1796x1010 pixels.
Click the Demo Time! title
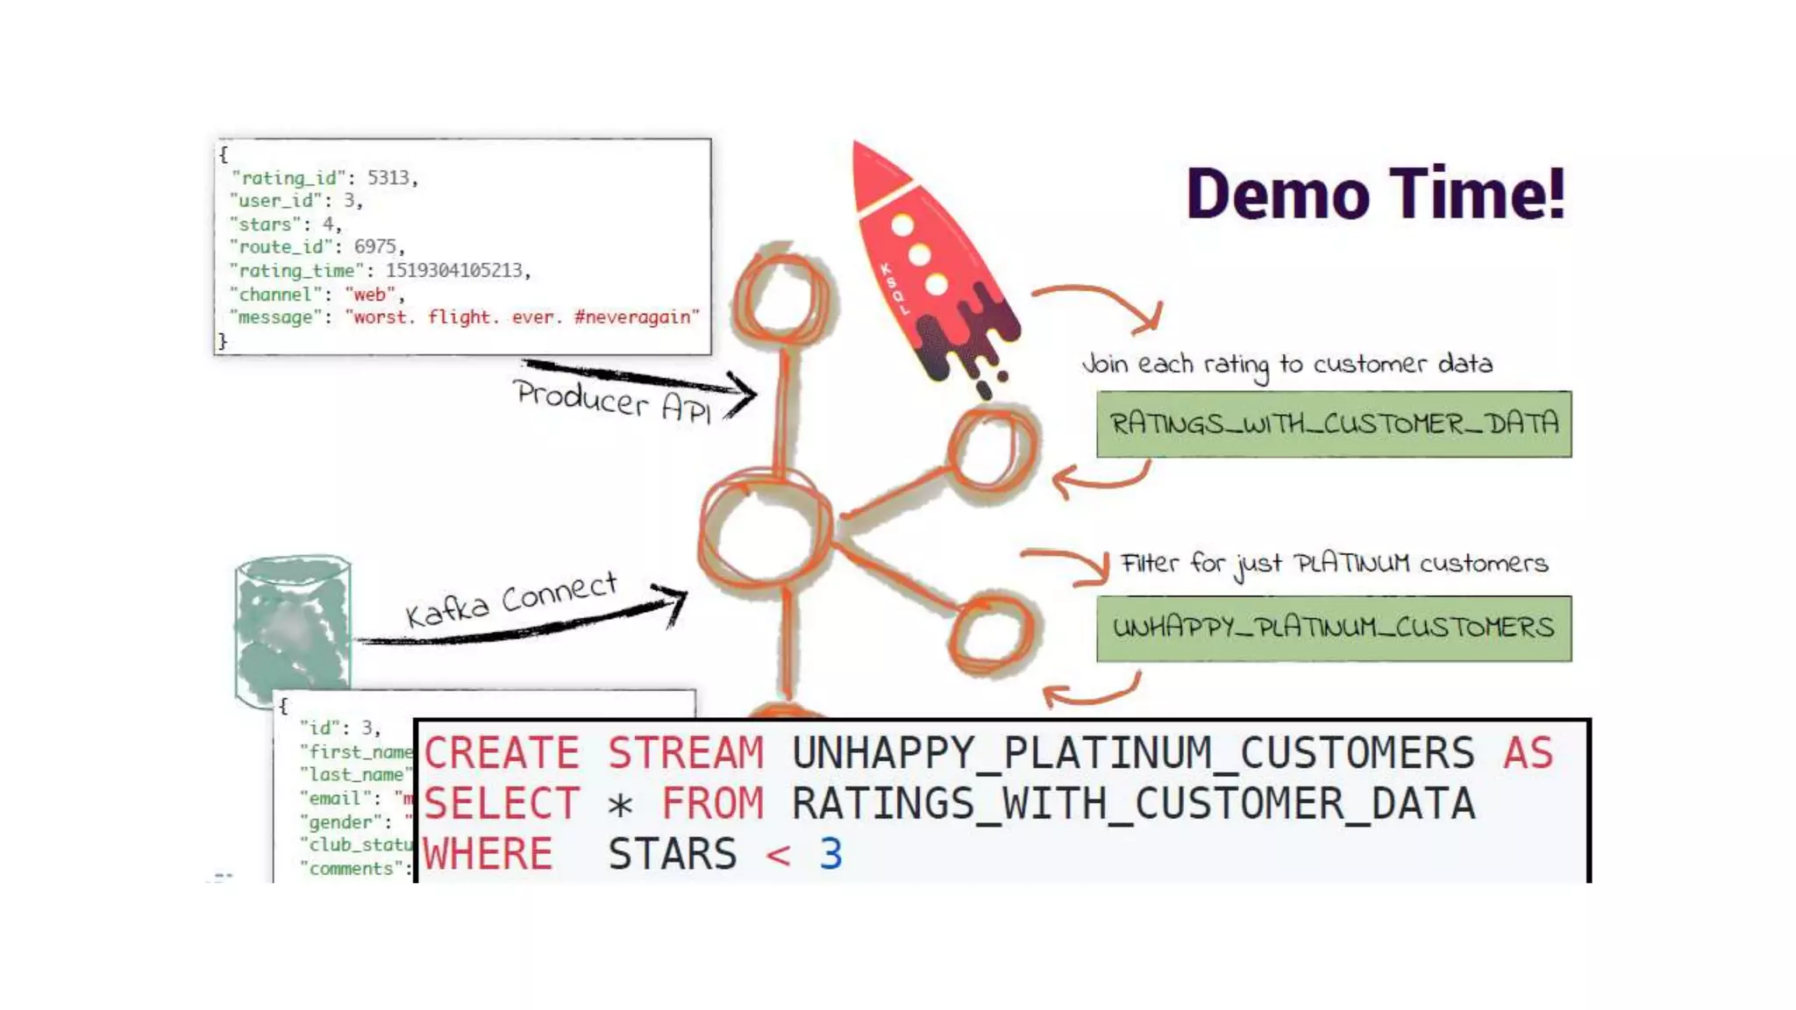click(x=1374, y=194)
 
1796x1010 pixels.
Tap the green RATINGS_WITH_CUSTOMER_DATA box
click(x=1333, y=424)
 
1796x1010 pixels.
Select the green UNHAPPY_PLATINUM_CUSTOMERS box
click(x=1333, y=629)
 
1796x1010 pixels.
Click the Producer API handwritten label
click(x=612, y=401)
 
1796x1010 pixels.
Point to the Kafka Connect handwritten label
click(x=511, y=600)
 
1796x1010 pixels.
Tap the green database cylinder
click(x=292, y=627)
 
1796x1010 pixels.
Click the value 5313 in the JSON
click(x=388, y=178)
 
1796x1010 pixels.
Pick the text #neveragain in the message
click(x=636, y=317)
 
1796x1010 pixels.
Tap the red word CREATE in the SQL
click(x=501, y=753)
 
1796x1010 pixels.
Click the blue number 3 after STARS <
click(x=830, y=854)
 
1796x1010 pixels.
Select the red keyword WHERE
click(x=488, y=854)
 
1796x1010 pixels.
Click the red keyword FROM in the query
click(x=711, y=804)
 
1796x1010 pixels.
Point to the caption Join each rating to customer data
click(x=1286, y=365)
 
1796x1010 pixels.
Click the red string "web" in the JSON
click(x=369, y=295)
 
